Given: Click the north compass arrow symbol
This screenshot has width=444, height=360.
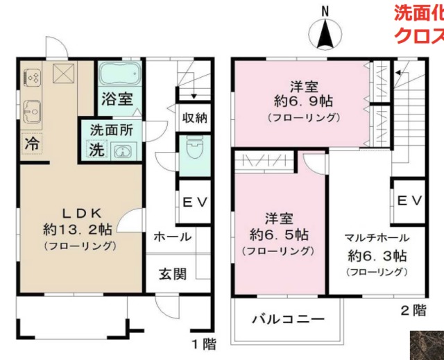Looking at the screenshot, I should (325, 31).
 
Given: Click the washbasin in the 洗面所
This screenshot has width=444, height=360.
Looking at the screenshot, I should (121, 151).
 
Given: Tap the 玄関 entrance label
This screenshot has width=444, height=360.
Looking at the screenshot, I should (170, 273).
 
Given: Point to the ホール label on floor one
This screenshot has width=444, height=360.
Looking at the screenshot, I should (172, 237).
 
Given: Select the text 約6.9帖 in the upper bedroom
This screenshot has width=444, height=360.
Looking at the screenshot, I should (303, 101).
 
